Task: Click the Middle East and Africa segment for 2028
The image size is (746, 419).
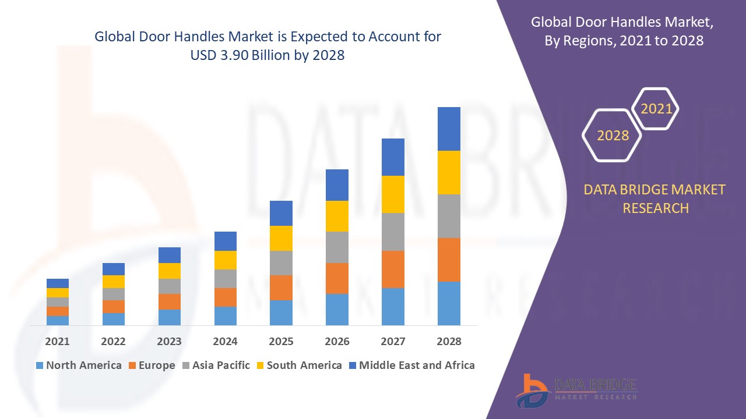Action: (449, 129)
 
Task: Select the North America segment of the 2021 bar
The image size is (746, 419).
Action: (58, 320)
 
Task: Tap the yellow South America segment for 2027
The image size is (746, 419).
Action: (393, 194)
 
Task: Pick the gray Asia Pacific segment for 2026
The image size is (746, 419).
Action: (337, 247)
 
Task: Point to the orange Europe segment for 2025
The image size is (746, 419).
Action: (281, 287)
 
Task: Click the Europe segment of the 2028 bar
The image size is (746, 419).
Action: (449, 260)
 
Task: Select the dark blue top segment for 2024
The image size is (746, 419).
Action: (226, 241)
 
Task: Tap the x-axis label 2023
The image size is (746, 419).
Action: (169, 342)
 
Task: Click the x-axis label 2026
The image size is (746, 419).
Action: (337, 342)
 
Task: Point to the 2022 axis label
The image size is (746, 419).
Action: (113, 342)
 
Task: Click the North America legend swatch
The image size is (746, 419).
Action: (40, 366)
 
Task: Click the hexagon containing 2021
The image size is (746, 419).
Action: (656, 109)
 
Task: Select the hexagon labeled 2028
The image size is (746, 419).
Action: (613, 135)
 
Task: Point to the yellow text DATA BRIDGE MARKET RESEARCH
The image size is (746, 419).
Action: (655, 199)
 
